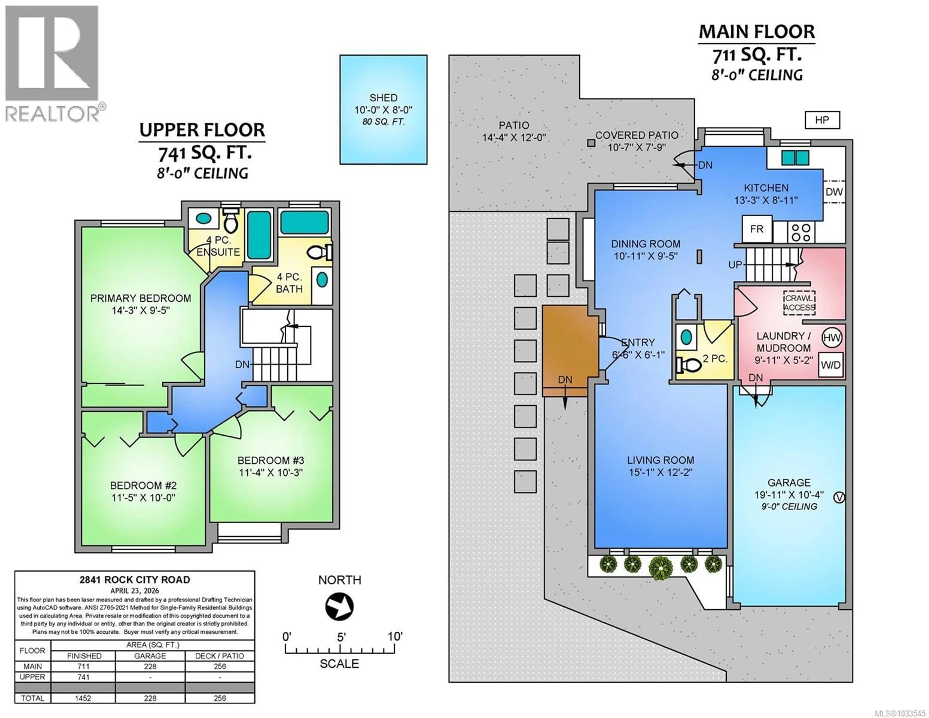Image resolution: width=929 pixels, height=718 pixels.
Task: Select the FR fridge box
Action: point(757,229)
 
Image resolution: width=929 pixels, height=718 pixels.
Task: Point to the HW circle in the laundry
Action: point(832,338)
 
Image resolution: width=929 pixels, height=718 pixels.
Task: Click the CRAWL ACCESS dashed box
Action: point(799,303)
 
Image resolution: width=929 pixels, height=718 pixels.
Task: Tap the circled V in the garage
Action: point(838,497)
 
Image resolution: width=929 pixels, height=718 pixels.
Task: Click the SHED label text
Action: point(383,98)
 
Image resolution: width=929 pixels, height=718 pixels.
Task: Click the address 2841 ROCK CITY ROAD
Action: point(135,580)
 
